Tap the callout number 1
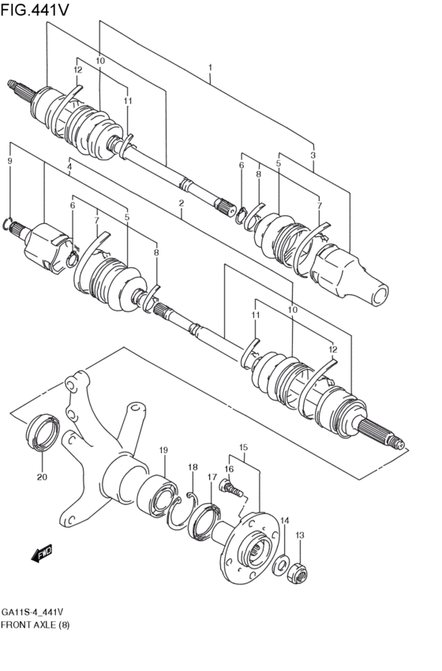[211, 68]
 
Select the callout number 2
[181, 203]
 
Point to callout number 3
[313, 155]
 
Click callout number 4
[69, 167]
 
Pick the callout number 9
[9, 161]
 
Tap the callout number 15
[243, 447]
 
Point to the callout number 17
[212, 477]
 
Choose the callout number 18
[193, 468]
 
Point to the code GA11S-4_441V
[32, 611]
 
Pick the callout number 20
[42, 477]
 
